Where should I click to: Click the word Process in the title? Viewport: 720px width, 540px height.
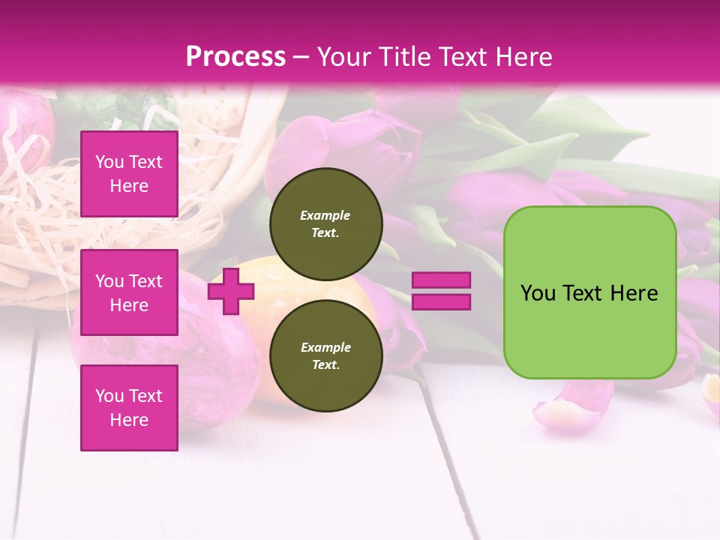(x=235, y=57)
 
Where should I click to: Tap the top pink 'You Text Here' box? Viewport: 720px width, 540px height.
(x=129, y=174)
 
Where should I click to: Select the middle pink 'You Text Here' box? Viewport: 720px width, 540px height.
(x=129, y=292)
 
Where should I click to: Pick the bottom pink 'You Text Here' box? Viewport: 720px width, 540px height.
(x=129, y=407)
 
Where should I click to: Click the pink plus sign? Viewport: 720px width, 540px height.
(x=230, y=291)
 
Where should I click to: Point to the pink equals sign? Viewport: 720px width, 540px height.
(x=442, y=291)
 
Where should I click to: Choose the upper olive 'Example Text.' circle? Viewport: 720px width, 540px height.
(x=325, y=223)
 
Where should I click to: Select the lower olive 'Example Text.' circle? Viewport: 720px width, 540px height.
(x=325, y=355)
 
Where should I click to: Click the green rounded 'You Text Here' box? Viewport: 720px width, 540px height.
(x=589, y=292)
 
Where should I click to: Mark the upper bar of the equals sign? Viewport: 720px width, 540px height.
(x=442, y=280)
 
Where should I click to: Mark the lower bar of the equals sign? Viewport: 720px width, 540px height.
(x=442, y=302)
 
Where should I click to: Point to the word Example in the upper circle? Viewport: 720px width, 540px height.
(x=325, y=215)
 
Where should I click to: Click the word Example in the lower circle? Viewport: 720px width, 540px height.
(x=325, y=347)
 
